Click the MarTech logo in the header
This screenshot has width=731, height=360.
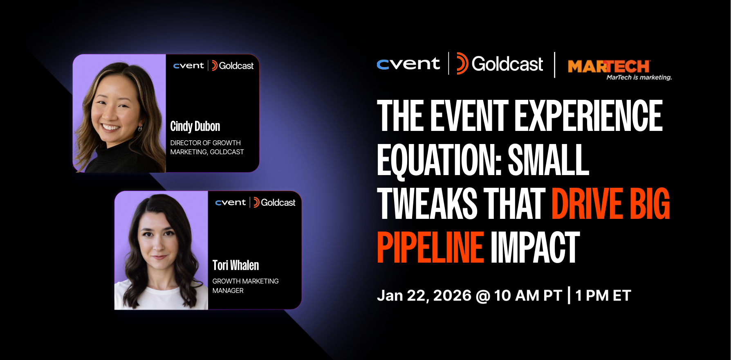pyautogui.click(x=608, y=66)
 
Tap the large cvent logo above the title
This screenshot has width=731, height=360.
pyautogui.click(x=408, y=64)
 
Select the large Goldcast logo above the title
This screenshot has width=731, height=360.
pyautogui.click(x=500, y=64)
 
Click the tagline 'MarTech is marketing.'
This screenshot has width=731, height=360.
pyautogui.click(x=639, y=77)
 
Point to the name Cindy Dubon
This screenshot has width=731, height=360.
pyautogui.click(x=195, y=126)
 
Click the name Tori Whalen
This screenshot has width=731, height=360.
pyautogui.click(x=235, y=265)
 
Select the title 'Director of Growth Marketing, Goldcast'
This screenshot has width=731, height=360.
pyautogui.click(x=207, y=147)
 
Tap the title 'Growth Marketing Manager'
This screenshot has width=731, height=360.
pyautogui.click(x=245, y=286)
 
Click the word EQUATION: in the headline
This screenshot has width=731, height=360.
pyautogui.click(x=439, y=160)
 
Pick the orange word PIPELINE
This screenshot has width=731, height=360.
pyautogui.click(x=430, y=248)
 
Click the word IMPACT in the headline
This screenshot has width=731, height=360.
pyautogui.click(x=535, y=248)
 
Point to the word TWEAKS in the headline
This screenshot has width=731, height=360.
pyautogui.click(x=427, y=204)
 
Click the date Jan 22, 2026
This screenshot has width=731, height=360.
pyautogui.click(x=424, y=295)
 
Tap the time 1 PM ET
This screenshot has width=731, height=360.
pyautogui.click(x=603, y=295)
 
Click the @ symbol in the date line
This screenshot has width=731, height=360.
pyautogui.click(x=483, y=296)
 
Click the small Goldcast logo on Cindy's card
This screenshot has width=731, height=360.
pyautogui.click(x=232, y=65)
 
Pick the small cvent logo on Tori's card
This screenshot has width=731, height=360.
pyautogui.click(x=230, y=202)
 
